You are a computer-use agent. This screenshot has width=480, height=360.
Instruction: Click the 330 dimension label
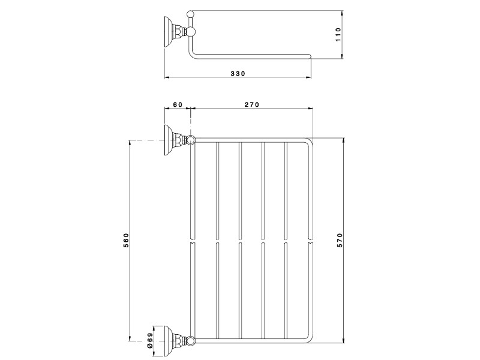coord(238,74)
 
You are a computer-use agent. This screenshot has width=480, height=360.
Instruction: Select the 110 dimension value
coord(338,35)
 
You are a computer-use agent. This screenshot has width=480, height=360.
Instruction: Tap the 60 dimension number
coord(178,104)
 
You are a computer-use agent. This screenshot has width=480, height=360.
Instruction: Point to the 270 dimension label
coord(251,104)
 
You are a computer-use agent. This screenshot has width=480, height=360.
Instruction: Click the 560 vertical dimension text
coord(127,241)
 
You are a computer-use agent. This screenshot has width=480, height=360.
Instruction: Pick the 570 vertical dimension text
coord(341,241)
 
